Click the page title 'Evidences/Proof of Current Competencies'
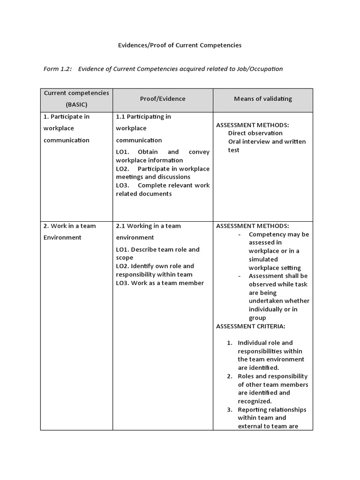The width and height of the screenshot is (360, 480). (179, 45)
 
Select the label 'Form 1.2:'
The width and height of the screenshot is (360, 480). (57, 69)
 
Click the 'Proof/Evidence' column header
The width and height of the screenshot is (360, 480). (163, 99)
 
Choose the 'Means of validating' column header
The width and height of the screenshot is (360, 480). (262, 99)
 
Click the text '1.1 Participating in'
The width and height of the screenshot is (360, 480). (143, 117)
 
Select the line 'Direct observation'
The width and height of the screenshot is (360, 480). (255, 133)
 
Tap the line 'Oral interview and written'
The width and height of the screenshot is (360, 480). (267, 142)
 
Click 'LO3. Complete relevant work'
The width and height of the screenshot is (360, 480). (163, 185)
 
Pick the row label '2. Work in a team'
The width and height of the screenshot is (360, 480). (69, 226)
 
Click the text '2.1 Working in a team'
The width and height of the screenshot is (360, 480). (148, 226)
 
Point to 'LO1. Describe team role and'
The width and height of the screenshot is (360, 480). (157, 249)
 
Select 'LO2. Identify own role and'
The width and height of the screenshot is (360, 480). (155, 266)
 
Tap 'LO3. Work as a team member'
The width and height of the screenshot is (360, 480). (160, 283)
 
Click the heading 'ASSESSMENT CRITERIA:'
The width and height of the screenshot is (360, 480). (250, 326)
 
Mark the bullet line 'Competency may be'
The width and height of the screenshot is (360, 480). (279, 234)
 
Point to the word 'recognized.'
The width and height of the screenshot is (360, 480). (255, 401)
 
